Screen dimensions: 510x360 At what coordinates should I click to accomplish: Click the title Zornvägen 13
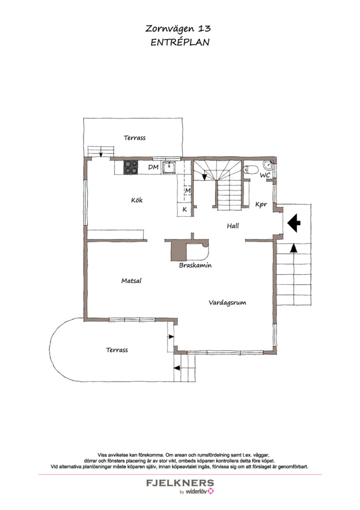[x=178, y=29]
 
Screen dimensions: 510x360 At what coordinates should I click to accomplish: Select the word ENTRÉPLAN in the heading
[x=179, y=42]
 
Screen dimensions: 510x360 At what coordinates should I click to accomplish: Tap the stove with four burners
[x=131, y=167]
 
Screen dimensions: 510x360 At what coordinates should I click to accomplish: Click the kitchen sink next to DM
[x=169, y=167]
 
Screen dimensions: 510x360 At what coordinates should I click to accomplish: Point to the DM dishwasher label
[x=153, y=167]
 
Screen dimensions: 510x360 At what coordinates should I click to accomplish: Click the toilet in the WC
[x=251, y=170]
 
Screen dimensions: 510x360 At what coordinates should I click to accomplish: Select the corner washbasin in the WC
[x=269, y=166]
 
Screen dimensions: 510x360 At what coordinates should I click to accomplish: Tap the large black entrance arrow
[x=293, y=223]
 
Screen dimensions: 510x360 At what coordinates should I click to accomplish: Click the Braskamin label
[x=195, y=265]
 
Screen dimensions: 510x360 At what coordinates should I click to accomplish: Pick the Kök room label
[x=137, y=200]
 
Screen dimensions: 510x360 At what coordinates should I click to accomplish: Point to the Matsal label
[x=131, y=281]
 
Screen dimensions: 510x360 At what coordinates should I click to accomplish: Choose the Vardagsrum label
[x=227, y=303]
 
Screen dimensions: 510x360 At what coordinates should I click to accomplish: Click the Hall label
[x=233, y=226]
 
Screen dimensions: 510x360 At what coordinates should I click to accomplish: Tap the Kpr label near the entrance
[x=261, y=204]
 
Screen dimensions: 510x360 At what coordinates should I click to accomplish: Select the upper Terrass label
[x=134, y=138]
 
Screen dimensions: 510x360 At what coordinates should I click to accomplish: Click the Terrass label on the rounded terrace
[x=117, y=350]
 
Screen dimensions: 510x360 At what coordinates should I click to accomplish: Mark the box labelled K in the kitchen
[x=184, y=209]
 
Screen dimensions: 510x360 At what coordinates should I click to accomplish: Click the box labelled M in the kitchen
[x=187, y=190]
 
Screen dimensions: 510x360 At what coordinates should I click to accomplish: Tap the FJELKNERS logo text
[x=179, y=483]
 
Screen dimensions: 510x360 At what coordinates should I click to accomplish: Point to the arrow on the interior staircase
[x=204, y=176]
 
